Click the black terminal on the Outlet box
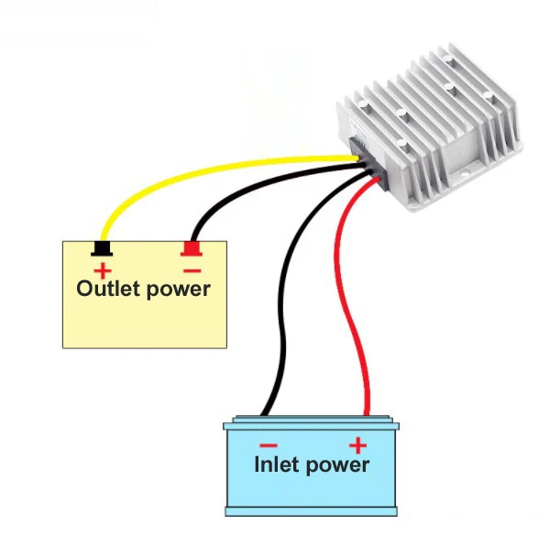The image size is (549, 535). pyautogui.click(x=102, y=249)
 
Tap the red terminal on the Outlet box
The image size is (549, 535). pyautogui.click(x=192, y=249)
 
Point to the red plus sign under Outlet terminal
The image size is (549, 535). pyautogui.click(x=103, y=271)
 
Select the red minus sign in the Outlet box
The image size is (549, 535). pyautogui.click(x=192, y=270)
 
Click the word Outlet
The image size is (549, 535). pyautogui.click(x=108, y=289)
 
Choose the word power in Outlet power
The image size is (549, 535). pyautogui.click(x=178, y=290)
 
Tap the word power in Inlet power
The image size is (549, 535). pyautogui.click(x=337, y=466)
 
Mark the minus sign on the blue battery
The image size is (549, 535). pyautogui.click(x=269, y=445)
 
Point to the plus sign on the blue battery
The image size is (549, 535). pyautogui.click(x=357, y=445)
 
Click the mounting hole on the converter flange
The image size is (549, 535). pyautogui.click(x=465, y=173)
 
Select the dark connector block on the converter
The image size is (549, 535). pyautogui.click(x=368, y=163)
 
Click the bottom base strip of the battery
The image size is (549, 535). pyautogui.click(x=312, y=511)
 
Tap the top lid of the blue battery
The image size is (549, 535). pyautogui.click(x=312, y=423)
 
